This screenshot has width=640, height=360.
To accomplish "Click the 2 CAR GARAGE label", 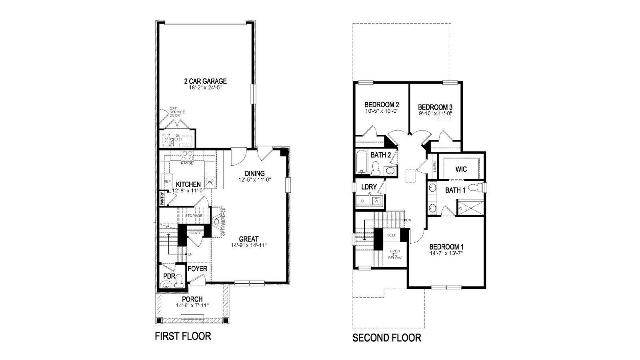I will [x=205, y=81].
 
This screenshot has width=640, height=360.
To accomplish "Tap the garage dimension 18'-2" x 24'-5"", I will [x=205, y=88].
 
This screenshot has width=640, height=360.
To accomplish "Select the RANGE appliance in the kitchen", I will [x=187, y=156].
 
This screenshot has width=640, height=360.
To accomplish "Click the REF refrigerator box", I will [x=167, y=181].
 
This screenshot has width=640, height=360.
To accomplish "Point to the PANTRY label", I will [x=162, y=199].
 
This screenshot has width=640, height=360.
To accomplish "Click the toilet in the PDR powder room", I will [x=179, y=281].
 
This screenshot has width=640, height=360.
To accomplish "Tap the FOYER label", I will [x=197, y=268].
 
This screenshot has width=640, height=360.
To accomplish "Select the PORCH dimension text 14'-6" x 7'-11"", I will [x=192, y=306].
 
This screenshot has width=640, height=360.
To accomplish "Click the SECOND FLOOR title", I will [x=386, y=338].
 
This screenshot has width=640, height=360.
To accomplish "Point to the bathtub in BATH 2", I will [x=362, y=162].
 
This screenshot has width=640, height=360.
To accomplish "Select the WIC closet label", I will [x=461, y=169].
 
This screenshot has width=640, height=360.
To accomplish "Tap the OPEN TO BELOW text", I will [x=395, y=255].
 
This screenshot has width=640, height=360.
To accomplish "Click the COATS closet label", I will [x=196, y=232].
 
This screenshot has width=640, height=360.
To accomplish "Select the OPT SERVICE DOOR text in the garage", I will [x=176, y=112].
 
